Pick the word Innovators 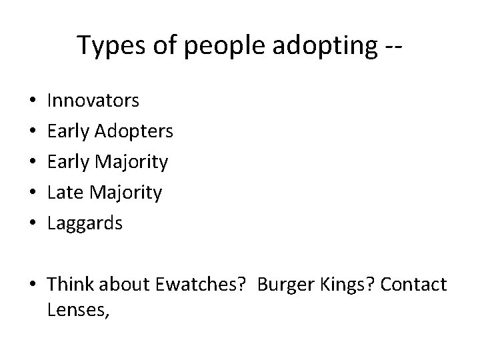click(93, 101)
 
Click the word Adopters click(134, 131)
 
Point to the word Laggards click(85, 223)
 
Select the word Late click(64, 193)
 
